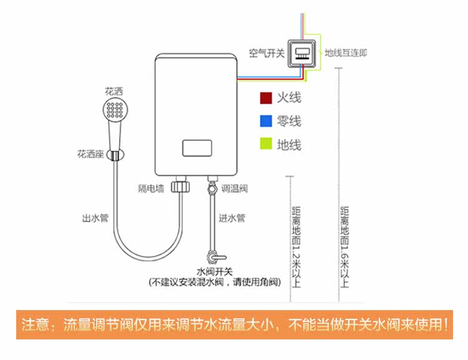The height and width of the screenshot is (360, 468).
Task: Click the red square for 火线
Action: point(266,99)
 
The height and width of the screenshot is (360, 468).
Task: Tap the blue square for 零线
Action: point(266,122)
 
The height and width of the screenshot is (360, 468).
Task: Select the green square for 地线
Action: point(266,145)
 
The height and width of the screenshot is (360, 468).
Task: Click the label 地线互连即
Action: point(346,52)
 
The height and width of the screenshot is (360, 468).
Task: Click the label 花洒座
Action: point(90,153)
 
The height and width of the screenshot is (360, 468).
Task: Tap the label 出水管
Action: point(95,218)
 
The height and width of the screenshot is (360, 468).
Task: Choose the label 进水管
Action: point(232,218)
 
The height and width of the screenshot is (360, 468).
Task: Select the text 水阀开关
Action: point(215,271)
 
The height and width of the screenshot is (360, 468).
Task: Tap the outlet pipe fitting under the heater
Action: point(182,186)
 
